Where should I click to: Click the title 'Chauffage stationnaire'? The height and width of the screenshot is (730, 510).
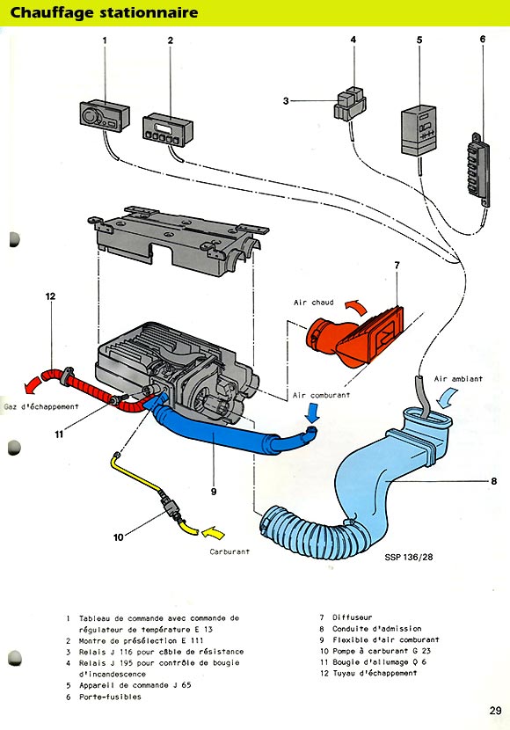click(x=104, y=12)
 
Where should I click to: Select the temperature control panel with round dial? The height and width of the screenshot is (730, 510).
click(x=105, y=113)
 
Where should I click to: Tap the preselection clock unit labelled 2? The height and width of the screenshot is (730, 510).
click(x=168, y=129)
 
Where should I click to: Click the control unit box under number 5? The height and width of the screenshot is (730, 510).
click(x=419, y=130)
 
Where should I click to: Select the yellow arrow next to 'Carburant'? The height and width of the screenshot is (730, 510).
click(x=213, y=532)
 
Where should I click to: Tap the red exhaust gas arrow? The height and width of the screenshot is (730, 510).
click(x=32, y=385)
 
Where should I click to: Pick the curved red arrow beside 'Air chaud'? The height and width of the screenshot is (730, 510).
click(x=356, y=305)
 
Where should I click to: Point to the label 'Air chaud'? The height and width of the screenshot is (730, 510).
click(x=314, y=303)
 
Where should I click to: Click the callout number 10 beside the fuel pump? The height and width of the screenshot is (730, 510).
click(x=118, y=537)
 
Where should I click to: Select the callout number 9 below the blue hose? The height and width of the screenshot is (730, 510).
click(x=214, y=491)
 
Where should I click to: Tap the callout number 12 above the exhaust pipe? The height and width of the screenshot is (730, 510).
click(x=50, y=296)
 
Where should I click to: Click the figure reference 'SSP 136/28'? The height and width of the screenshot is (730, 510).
click(x=409, y=557)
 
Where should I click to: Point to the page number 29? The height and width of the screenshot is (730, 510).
click(x=496, y=711)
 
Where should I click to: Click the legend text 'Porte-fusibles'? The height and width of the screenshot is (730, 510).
click(x=110, y=697)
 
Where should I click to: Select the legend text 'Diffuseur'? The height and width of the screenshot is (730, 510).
click(x=353, y=617)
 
